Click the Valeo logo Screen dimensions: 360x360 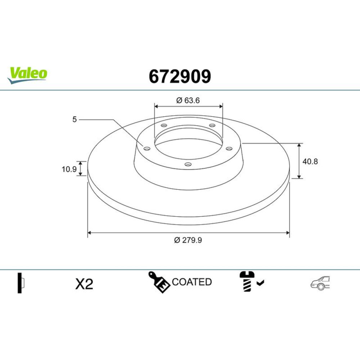coord(27,75)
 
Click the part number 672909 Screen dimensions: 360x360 coord(180,76)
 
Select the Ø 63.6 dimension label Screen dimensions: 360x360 coord(188,100)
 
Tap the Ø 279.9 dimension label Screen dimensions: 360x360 coord(188,240)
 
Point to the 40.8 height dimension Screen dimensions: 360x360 coord(310,161)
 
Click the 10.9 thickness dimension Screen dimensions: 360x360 coord(69,169)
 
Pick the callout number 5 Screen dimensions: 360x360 coord(75,120)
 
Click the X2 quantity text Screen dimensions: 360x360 coord(84,284)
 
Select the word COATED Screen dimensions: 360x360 coord(192,282)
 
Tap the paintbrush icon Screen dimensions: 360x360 coord(159,282)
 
